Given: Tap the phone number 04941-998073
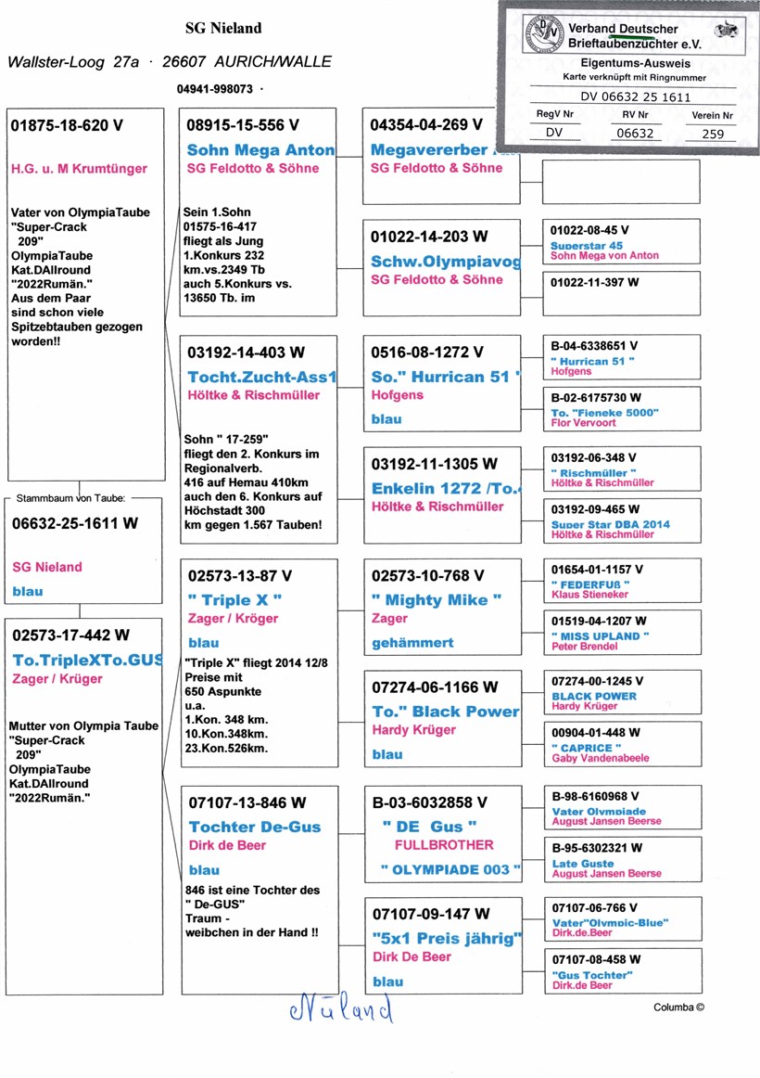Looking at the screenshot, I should pyautogui.click(x=214, y=90).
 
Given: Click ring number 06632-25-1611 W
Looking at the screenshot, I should pyautogui.click(x=75, y=523).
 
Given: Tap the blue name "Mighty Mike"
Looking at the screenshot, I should pyautogui.click(x=436, y=600).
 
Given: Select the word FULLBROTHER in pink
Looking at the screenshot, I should pyautogui.click(x=444, y=845).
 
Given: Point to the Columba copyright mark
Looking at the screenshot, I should pyautogui.click(x=679, y=1007).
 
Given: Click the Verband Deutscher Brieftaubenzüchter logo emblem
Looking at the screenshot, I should pyautogui.click(x=540, y=36).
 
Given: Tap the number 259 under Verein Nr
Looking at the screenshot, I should pyautogui.click(x=713, y=134).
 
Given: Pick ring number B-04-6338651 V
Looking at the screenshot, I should pyautogui.click(x=596, y=346).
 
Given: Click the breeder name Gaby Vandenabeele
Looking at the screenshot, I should pyautogui.click(x=601, y=758).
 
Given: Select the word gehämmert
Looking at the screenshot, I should pyautogui.click(x=413, y=642).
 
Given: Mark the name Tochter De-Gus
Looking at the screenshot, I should pyautogui.click(x=255, y=827).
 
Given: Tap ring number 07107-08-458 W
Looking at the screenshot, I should pyautogui.click(x=596, y=959).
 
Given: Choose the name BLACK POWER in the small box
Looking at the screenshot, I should pyautogui.click(x=594, y=696).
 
